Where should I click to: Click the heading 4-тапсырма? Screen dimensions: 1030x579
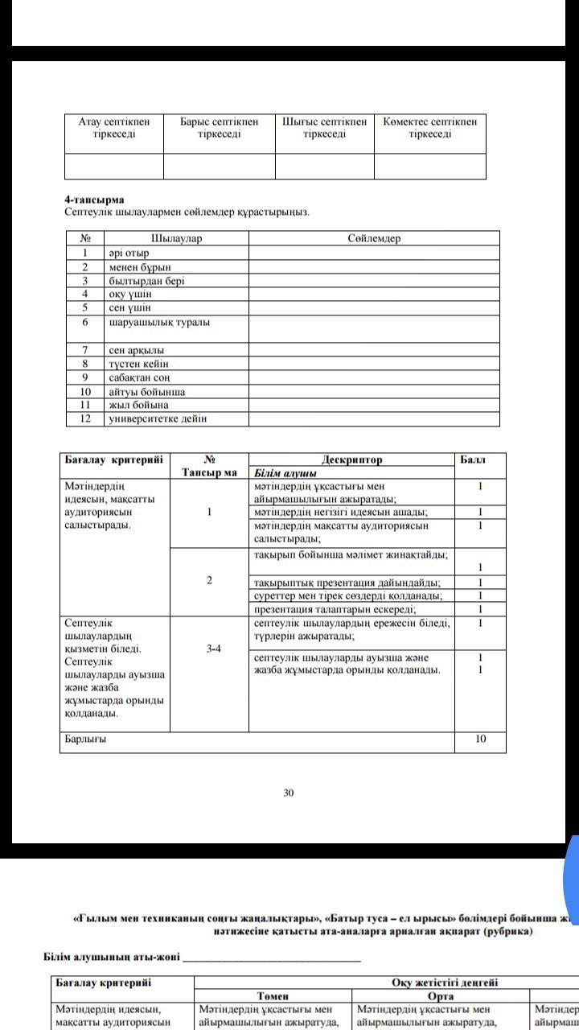click(94, 199)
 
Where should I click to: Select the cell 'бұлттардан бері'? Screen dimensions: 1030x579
click(147, 281)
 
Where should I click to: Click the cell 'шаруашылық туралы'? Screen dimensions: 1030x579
click(159, 322)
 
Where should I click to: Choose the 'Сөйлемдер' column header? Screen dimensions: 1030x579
click(374, 238)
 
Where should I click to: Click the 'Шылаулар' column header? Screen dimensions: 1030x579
click(176, 238)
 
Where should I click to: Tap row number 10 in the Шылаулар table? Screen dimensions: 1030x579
click(85, 392)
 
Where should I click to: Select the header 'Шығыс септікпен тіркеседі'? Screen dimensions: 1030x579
click(324, 127)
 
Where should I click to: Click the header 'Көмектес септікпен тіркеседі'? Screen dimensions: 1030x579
click(429, 127)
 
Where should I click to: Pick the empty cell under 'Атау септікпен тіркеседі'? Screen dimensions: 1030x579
click(114, 166)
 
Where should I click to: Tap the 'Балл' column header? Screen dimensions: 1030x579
click(472, 459)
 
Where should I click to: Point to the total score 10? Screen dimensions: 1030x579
click(480, 739)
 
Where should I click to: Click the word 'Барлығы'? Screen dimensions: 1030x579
click(85, 739)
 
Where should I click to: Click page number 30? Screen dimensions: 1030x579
click(289, 793)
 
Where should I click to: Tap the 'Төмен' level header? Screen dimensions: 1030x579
click(273, 996)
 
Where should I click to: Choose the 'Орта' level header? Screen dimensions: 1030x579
click(441, 996)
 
